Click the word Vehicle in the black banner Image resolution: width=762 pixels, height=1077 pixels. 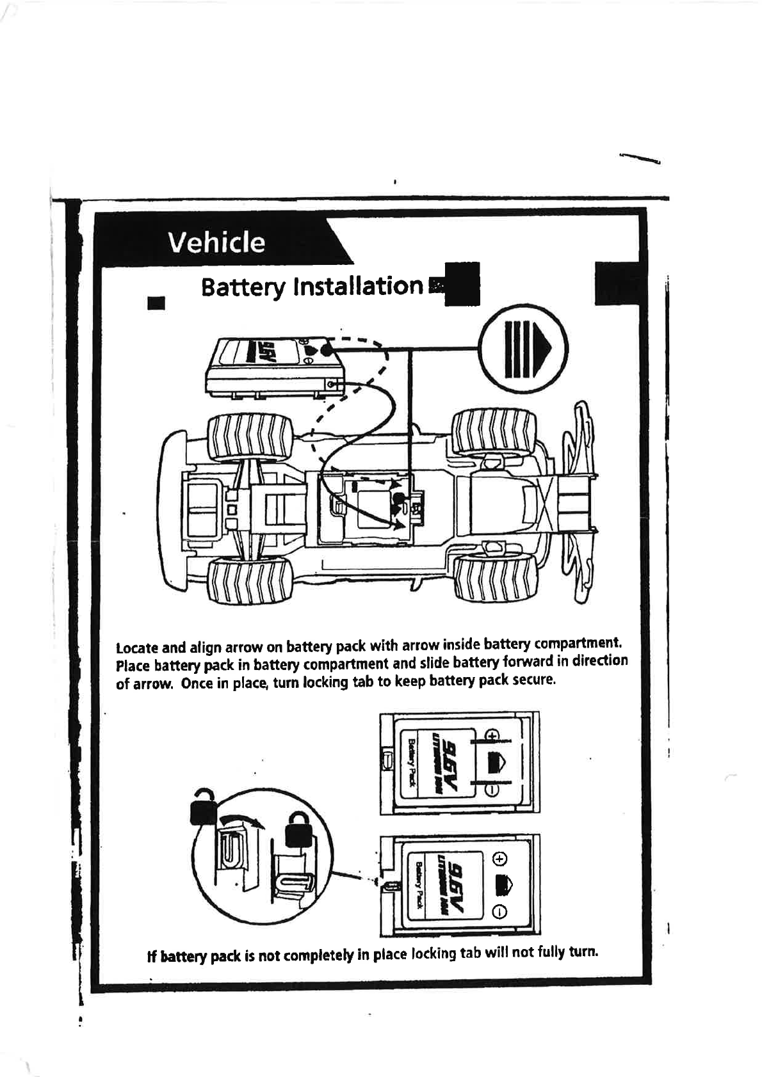coord(216,243)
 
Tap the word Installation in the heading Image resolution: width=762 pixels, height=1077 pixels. coord(357,286)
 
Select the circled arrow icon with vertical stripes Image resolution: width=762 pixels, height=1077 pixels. coord(525,349)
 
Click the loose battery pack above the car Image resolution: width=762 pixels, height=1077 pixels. coord(274,367)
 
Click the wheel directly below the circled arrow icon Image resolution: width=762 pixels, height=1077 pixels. coord(494,434)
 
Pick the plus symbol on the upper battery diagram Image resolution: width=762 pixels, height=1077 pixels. coord(492,735)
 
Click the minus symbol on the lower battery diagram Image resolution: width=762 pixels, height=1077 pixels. coord(500,911)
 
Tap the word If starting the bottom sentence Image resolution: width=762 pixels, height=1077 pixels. coord(152,957)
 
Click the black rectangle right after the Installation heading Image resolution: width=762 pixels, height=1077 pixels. coord(461,284)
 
